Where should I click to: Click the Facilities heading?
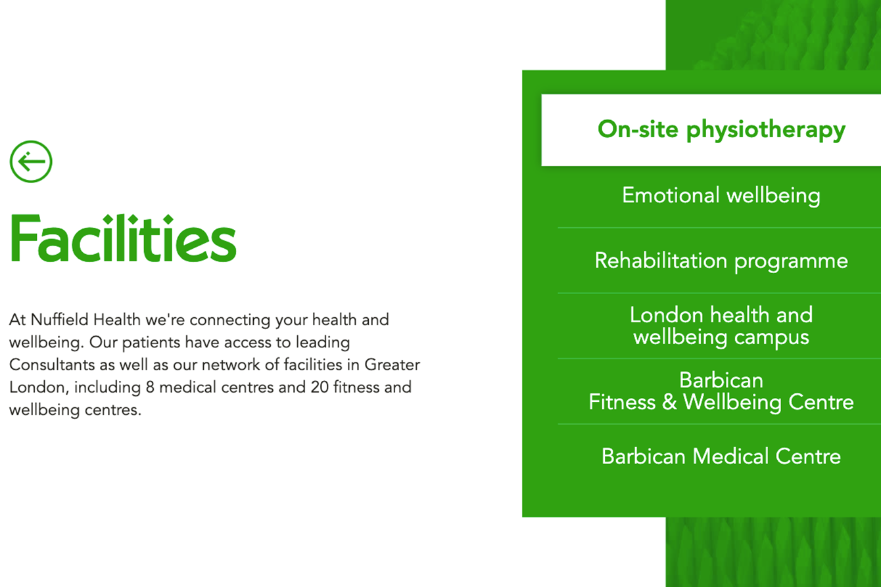[123, 238]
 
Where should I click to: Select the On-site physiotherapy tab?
[721, 129]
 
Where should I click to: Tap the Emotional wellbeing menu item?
[721, 196]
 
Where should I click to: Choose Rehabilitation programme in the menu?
[721, 261]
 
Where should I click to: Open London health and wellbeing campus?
[721, 326]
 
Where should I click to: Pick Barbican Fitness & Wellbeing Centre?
[721, 391]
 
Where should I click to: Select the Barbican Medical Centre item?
[721, 456]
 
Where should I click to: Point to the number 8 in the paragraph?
[150, 387]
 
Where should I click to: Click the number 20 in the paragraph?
[320, 387]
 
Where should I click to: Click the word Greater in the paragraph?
[392, 364]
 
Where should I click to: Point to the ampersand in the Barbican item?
[669, 402]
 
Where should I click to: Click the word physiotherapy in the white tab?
[766, 131]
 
